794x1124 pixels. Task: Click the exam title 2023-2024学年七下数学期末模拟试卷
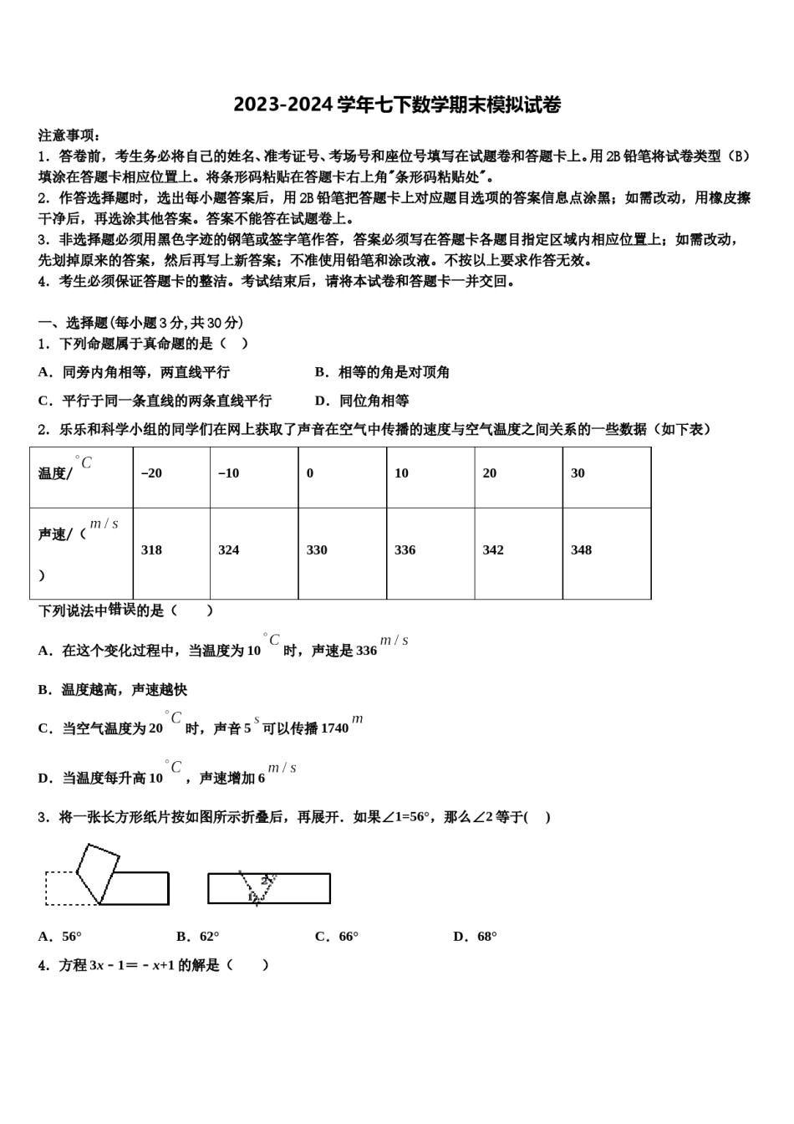click(397, 105)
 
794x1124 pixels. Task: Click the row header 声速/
click(62, 534)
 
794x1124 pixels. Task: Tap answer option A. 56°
click(60, 937)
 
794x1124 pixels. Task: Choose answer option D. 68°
click(475, 937)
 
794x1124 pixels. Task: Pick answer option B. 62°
click(198, 937)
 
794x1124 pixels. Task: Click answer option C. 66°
click(337, 937)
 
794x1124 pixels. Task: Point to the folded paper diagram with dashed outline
click(106, 876)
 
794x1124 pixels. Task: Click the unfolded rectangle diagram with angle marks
click(268, 888)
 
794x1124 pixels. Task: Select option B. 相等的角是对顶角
click(382, 372)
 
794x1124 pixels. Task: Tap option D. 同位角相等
click(362, 401)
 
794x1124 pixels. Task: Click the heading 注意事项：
click(69, 135)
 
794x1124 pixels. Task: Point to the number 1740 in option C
click(334, 728)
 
